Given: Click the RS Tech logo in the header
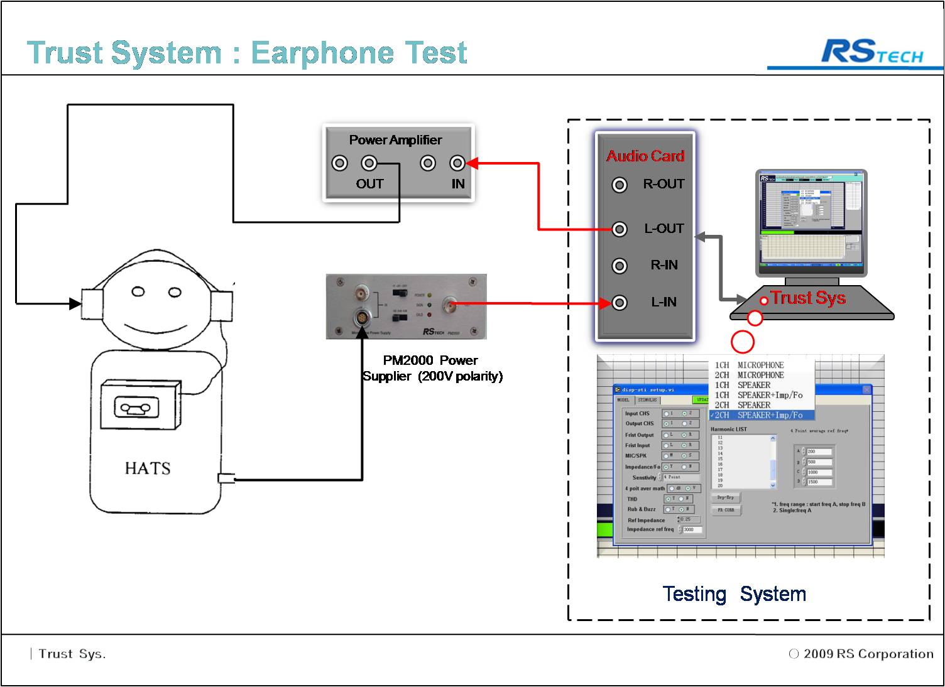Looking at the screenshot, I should (872, 52).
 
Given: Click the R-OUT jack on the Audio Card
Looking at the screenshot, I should (620, 185).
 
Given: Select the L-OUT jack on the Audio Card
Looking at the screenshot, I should (620, 229).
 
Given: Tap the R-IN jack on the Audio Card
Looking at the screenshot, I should (620, 266).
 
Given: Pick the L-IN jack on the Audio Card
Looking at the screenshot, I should (620, 303).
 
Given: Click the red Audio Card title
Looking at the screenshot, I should (645, 156).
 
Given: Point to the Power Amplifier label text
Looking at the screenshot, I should (395, 140).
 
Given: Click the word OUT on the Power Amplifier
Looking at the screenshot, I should (369, 184).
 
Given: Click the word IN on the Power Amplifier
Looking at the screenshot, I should (458, 184).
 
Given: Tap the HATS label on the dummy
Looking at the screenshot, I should (148, 468).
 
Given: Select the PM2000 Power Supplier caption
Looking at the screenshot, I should (432, 368).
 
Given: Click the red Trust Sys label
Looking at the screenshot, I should (808, 298).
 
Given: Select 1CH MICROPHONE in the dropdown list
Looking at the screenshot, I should (750, 365).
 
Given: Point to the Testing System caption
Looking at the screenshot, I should (734, 594).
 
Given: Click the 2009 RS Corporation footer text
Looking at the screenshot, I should (868, 654).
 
